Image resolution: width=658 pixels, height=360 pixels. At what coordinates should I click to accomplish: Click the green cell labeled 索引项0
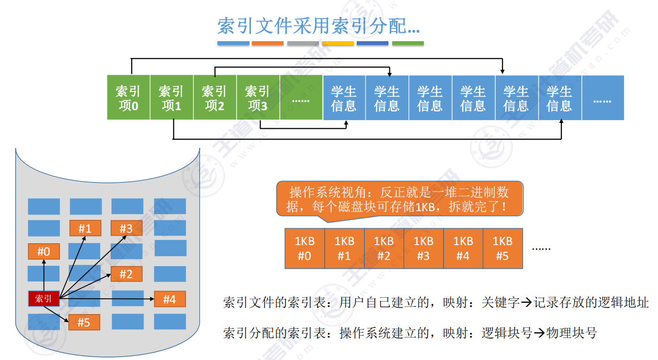tap(128, 98)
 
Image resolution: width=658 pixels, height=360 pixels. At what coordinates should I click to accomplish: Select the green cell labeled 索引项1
tap(171, 98)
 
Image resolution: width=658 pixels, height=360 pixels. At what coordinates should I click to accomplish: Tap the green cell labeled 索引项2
tap(215, 98)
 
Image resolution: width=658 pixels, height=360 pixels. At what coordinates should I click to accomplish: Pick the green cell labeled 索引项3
tap(258, 98)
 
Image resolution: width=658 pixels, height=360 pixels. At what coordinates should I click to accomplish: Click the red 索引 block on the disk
tap(44, 299)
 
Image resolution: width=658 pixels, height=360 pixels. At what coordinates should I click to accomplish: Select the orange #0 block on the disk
tap(44, 251)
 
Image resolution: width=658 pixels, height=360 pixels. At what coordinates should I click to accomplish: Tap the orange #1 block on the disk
tap(85, 228)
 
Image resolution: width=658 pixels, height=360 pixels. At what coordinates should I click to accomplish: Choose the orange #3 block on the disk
tap(126, 228)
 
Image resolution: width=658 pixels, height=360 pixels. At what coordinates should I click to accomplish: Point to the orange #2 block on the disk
tap(126, 274)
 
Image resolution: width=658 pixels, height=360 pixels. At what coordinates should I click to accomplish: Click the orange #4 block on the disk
tap(170, 299)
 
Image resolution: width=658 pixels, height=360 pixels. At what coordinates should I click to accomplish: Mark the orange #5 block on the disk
tap(84, 323)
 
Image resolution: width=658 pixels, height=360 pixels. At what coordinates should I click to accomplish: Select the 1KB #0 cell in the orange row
tap(305, 248)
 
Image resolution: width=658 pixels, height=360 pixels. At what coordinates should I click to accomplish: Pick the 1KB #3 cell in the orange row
tap(423, 248)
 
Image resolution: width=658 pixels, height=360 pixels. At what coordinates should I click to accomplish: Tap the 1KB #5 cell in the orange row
tap(502, 248)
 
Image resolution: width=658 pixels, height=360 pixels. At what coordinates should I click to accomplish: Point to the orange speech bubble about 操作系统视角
tap(399, 199)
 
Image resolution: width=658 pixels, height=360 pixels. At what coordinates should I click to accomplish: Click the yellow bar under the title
tap(338, 43)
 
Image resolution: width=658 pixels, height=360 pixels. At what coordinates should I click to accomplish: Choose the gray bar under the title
tap(303, 43)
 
